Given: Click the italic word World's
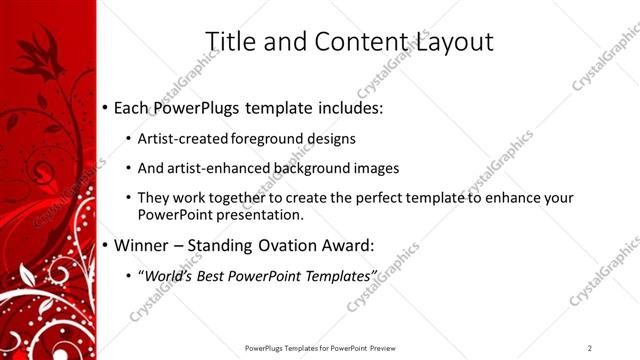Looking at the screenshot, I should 171,274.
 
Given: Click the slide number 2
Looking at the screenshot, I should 590,347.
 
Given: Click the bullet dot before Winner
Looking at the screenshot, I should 105,245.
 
